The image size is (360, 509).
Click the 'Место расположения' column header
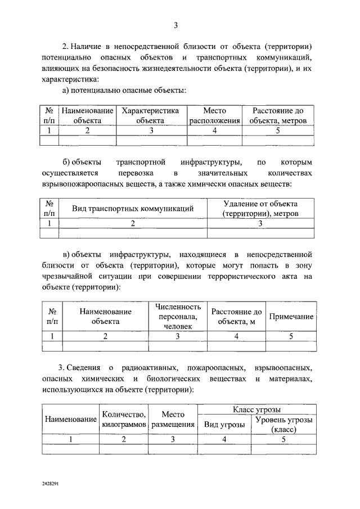[214, 116]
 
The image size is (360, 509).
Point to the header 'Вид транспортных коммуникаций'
[133, 209]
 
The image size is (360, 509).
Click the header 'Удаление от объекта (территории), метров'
[260, 209]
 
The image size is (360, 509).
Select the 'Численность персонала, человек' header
[178, 316]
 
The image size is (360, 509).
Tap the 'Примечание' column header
[290, 317]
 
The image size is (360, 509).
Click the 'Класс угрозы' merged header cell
[256, 409]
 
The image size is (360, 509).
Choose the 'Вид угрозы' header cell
[224, 425]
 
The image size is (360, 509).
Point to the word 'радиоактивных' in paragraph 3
[145, 367]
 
